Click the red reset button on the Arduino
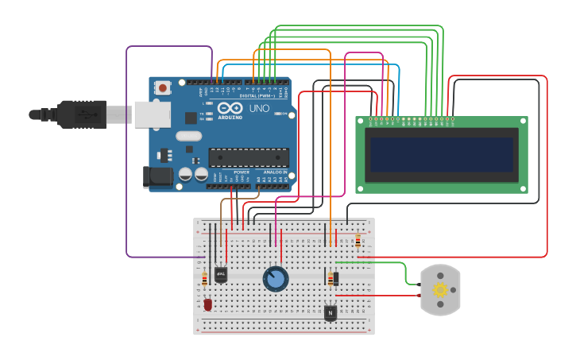[x=163, y=87]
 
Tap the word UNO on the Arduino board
[x=259, y=108]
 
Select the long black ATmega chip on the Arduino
[x=248, y=157]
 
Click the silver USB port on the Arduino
[x=152, y=114]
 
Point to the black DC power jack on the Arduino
[x=157, y=176]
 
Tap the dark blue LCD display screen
[x=440, y=155]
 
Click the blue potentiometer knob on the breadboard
[x=276, y=279]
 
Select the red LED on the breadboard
[x=208, y=304]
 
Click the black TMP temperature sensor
[x=221, y=274]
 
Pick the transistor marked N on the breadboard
[x=331, y=313]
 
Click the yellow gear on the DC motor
[x=440, y=290]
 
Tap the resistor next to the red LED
[x=204, y=278]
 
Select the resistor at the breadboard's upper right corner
[x=358, y=241]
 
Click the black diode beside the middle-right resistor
[x=336, y=279]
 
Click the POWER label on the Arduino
[x=242, y=172]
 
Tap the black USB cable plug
[x=79, y=114]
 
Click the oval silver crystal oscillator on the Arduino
[x=189, y=136]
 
